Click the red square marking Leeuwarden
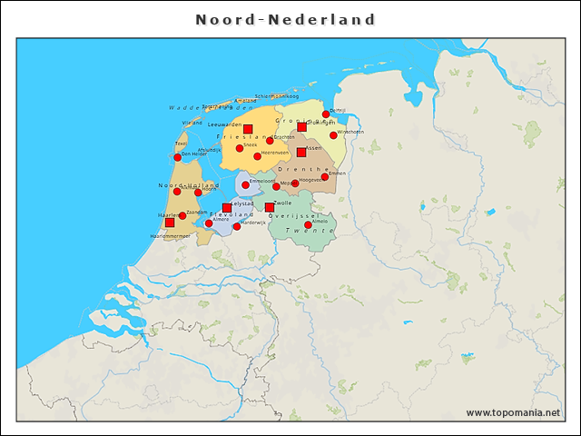click(248, 129)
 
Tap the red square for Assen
click(301, 152)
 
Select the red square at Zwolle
click(270, 207)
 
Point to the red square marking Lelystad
click(227, 208)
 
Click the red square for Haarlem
click(170, 222)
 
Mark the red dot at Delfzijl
click(326, 114)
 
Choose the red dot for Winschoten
click(333, 135)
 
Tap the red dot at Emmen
click(325, 177)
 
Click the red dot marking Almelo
click(308, 224)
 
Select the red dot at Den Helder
click(178, 157)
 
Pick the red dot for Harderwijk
click(237, 226)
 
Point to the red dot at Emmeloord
click(246, 184)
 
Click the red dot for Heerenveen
click(258, 156)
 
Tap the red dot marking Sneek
click(240, 148)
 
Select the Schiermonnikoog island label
click(277, 95)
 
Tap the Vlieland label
click(192, 122)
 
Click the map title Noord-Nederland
click(285, 19)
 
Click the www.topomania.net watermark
click(513, 413)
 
